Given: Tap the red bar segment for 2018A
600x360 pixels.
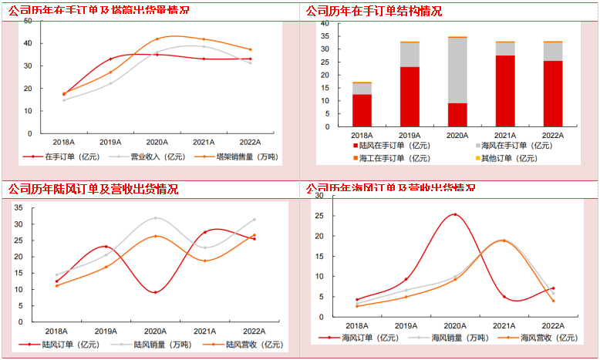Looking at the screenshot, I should tap(362, 110).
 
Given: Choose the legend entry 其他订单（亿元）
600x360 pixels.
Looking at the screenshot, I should tap(511, 158).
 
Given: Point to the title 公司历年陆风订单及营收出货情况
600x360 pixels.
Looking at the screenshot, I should tap(93, 189).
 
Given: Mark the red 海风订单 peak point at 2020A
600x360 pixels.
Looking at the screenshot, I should tap(455, 214).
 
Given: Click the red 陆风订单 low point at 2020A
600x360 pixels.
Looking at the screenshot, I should tap(155, 292).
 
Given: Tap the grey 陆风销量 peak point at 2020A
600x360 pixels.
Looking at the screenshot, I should tap(155, 218).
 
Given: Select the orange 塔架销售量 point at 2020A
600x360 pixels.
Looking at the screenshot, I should tap(157, 39).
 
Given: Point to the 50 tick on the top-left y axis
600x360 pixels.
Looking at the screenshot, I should tap(28, 21).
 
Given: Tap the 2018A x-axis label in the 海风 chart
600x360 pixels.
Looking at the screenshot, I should tap(356, 326).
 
